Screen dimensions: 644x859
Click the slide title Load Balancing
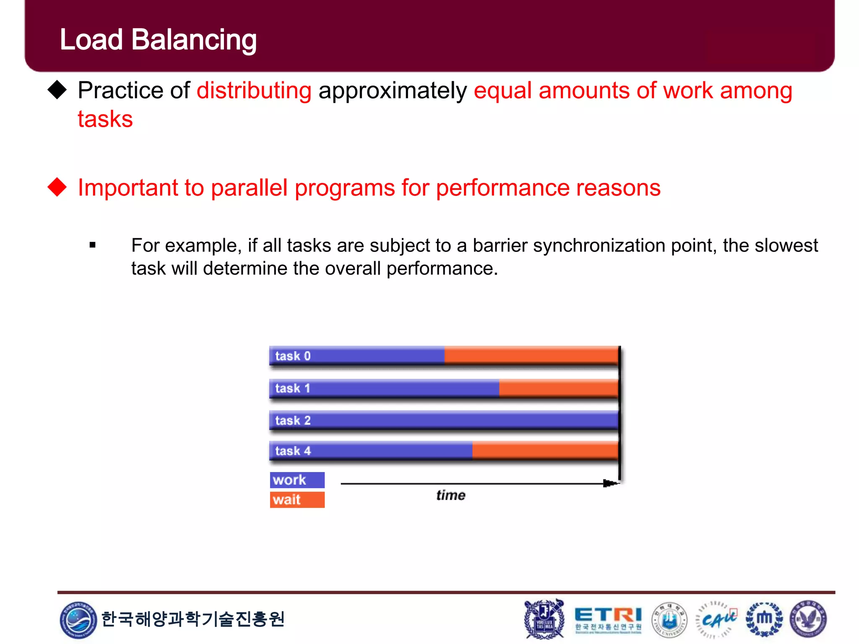click(158, 40)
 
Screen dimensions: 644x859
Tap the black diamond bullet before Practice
click(57, 90)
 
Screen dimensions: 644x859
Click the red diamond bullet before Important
click(57, 187)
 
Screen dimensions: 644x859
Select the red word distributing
click(254, 91)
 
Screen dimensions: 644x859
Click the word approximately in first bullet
click(393, 91)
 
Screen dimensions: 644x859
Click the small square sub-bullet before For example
click(93, 245)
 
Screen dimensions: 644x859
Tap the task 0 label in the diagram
click(293, 356)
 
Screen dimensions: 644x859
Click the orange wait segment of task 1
click(558, 388)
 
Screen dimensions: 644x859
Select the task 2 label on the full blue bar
click(293, 420)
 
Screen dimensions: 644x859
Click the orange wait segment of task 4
click(544, 451)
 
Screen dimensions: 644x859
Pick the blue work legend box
click(297, 480)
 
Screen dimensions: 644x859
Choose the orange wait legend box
click(297, 500)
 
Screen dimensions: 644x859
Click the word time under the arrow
click(450, 496)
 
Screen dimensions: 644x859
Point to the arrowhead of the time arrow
click(609, 483)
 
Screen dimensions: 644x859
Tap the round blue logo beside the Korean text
click(78, 620)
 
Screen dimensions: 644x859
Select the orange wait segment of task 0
click(531, 356)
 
